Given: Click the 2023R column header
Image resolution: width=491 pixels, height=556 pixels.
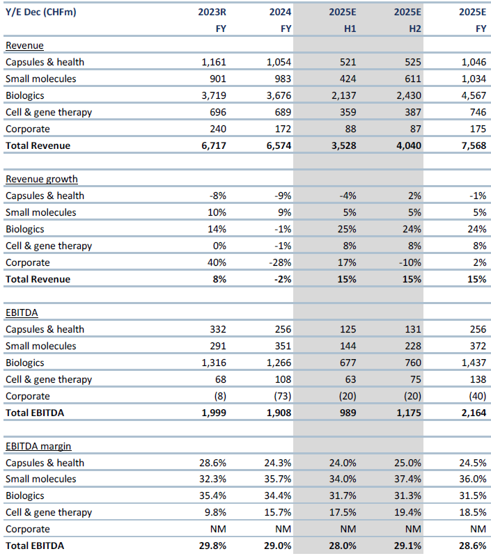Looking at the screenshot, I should [212, 12].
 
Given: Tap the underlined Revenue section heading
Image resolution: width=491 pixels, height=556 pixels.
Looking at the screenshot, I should [24, 45].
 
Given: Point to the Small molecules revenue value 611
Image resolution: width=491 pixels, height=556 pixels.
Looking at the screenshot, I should [408, 79].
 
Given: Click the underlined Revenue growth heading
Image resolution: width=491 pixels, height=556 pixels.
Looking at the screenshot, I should [41, 179].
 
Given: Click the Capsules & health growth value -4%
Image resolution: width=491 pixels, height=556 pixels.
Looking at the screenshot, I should [346, 196].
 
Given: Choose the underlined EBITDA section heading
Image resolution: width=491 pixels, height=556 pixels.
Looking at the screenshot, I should [22, 312].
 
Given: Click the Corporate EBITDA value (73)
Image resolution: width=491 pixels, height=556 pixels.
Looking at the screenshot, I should [279, 396].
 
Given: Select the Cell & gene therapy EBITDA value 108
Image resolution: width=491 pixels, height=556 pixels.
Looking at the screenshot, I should [281, 379].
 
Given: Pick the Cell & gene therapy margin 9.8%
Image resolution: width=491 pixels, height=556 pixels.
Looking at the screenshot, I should [214, 512].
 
